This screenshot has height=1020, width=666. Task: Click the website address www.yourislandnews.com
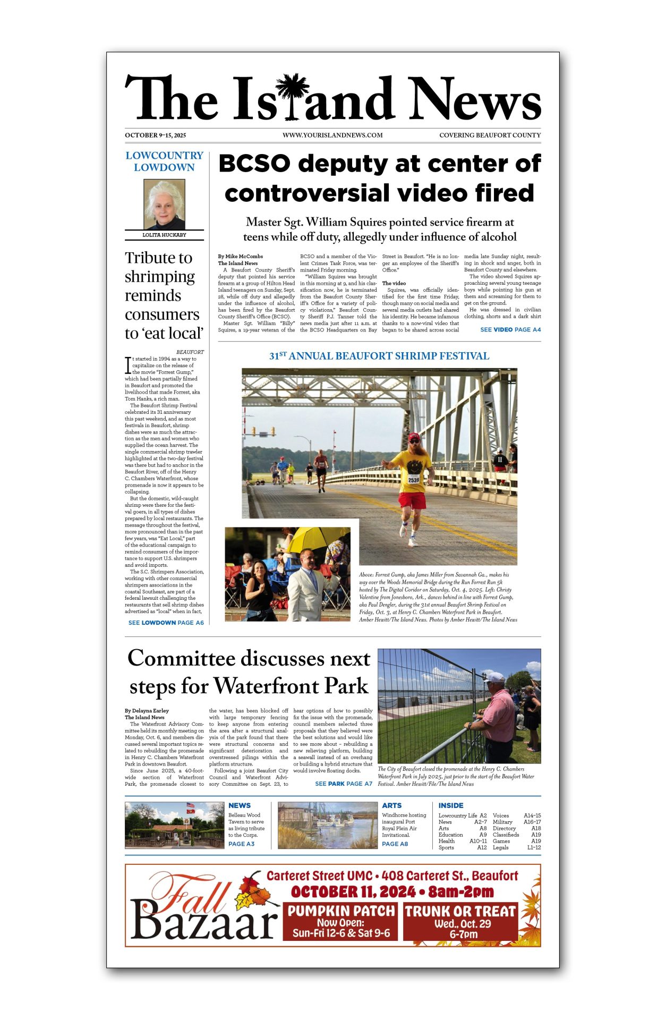tap(332, 135)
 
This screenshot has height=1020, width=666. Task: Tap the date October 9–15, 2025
tap(155, 135)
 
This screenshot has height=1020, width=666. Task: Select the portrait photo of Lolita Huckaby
tap(164, 204)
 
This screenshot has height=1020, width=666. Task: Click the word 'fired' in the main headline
tap(504, 193)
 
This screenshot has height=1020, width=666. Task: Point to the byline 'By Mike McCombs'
tap(240, 256)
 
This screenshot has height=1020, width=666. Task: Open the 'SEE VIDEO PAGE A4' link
tap(510, 329)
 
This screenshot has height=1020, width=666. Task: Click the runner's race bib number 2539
tap(413, 479)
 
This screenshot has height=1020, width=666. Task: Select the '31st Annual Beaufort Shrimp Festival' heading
tap(379, 356)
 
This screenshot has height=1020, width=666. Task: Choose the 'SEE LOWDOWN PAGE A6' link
tap(166, 623)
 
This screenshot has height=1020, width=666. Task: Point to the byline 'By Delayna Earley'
tap(147, 710)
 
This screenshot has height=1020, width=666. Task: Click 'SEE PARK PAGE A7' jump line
tap(344, 784)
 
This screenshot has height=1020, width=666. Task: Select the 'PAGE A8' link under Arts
tap(395, 844)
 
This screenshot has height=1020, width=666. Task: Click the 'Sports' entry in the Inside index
tap(446, 847)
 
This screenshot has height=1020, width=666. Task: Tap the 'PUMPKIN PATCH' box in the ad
tap(341, 922)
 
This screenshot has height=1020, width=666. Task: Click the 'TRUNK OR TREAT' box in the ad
tap(460, 922)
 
